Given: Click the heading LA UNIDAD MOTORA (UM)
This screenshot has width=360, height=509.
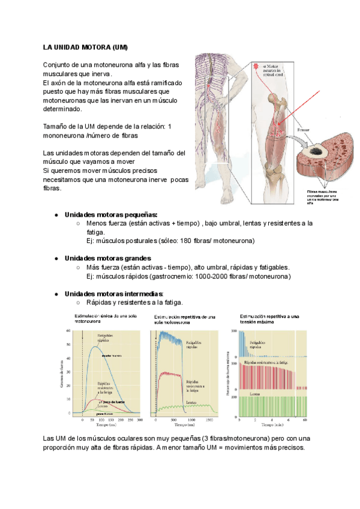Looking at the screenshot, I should pos(85,47).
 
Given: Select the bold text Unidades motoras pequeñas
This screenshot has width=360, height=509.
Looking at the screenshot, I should pos(111,214).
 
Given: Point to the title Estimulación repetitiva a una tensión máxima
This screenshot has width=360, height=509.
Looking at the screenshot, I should pos(269,319).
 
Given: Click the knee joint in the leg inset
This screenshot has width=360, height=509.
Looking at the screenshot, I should pos(275,166).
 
